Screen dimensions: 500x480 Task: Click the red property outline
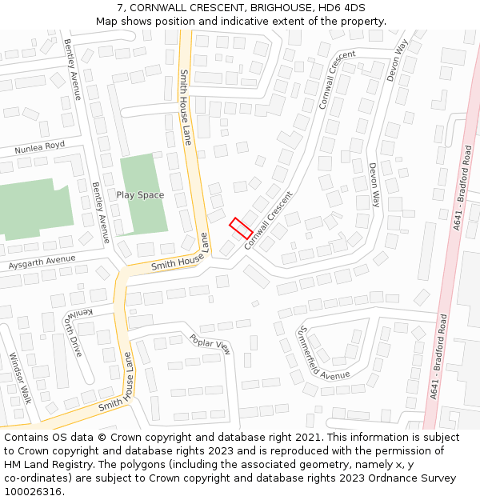pyautogui.click(x=241, y=227)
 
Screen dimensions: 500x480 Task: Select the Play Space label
pyautogui.click(x=140, y=195)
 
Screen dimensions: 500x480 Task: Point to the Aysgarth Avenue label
pyautogui.click(x=41, y=262)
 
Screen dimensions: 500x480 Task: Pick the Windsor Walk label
pyautogui.click(x=20, y=378)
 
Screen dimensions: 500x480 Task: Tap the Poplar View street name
pyautogui.click(x=210, y=344)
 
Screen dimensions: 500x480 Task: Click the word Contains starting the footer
pyautogui.click(x=27, y=438)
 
